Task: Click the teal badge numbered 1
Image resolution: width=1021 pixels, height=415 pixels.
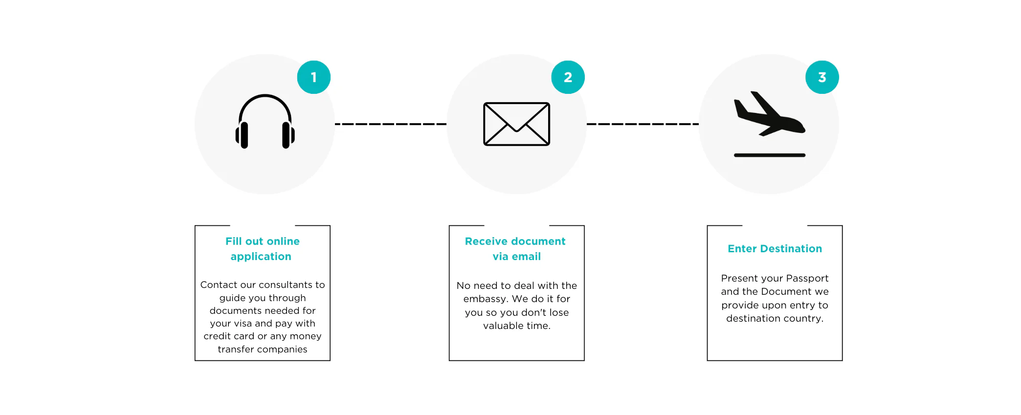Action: click(x=314, y=77)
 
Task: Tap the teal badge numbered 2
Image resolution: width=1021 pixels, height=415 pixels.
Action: click(x=568, y=77)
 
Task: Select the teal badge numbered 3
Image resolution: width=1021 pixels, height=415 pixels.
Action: click(x=822, y=77)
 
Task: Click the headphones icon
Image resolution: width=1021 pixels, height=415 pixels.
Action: click(x=265, y=121)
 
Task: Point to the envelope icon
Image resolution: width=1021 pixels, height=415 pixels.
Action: click(x=516, y=124)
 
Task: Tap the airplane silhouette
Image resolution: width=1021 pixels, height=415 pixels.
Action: click(x=769, y=114)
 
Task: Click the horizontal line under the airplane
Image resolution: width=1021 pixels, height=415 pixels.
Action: click(x=769, y=155)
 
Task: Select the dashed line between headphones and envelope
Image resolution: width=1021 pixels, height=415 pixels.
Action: click(x=391, y=124)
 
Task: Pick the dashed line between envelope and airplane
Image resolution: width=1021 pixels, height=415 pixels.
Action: click(x=643, y=124)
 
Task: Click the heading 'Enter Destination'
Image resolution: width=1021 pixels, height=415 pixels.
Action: click(x=775, y=249)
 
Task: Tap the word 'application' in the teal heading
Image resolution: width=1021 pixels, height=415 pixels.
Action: click(x=261, y=257)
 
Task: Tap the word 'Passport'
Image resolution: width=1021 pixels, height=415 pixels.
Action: click(x=807, y=279)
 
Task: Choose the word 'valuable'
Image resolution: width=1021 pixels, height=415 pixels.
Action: click(x=503, y=326)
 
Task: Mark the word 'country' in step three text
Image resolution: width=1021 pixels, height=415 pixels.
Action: click(x=804, y=319)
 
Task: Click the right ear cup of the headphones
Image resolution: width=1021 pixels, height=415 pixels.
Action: click(x=288, y=135)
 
